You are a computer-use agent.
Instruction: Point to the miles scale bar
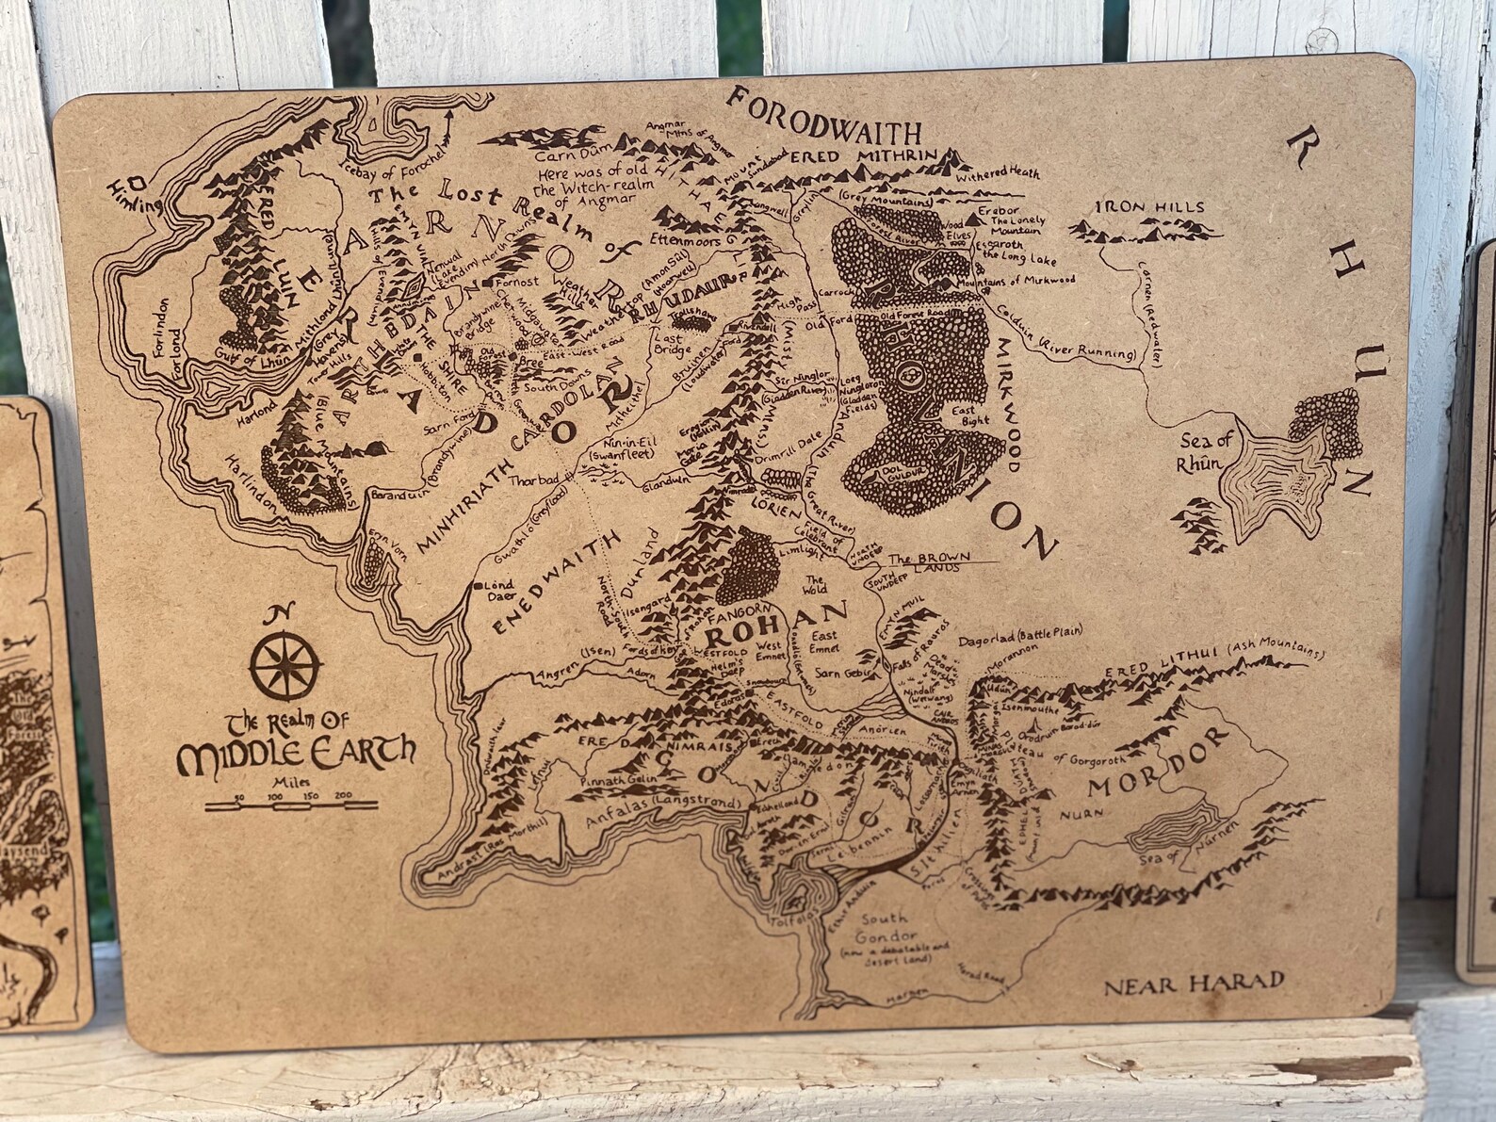coord(294,804)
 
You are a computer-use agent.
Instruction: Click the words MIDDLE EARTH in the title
coord(296,753)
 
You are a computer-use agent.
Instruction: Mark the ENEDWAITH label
coord(554,593)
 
